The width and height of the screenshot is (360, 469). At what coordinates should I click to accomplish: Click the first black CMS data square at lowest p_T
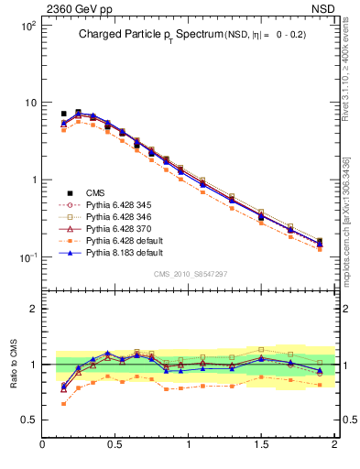tap(63, 114)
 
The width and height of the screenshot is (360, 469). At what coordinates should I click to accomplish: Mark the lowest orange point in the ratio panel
tap(63, 403)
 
